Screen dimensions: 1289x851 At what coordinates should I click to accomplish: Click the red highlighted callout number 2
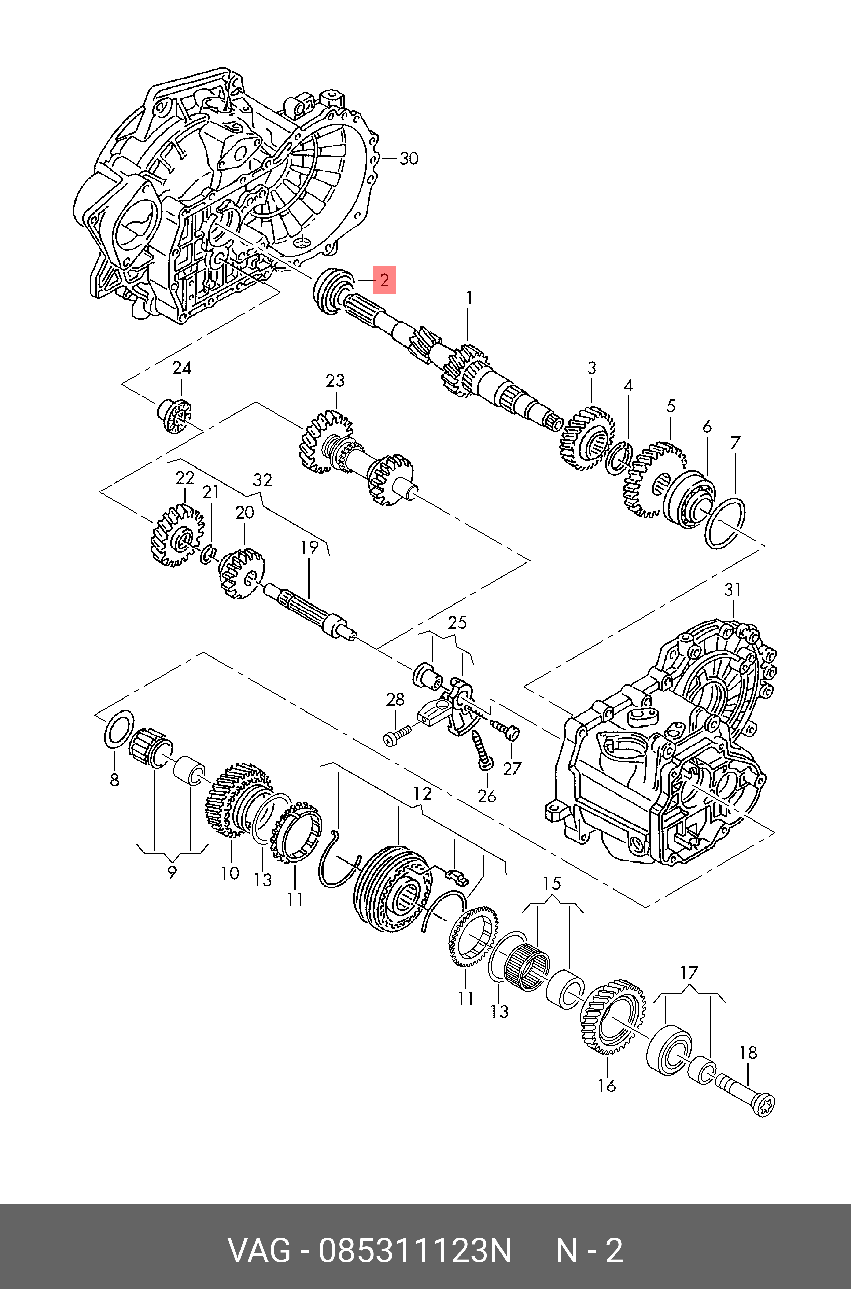click(x=384, y=280)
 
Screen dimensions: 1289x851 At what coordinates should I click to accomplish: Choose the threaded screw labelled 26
click(x=481, y=749)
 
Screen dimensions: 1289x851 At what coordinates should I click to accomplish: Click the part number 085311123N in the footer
click(x=415, y=1251)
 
